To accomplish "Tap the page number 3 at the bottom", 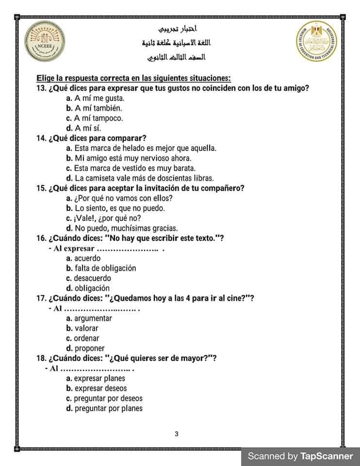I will [x=177, y=433].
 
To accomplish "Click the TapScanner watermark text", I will [x=300, y=456].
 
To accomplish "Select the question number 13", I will [x=41, y=88].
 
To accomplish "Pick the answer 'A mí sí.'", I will [x=87, y=128].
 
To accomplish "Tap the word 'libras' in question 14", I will [x=203, y=178].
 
